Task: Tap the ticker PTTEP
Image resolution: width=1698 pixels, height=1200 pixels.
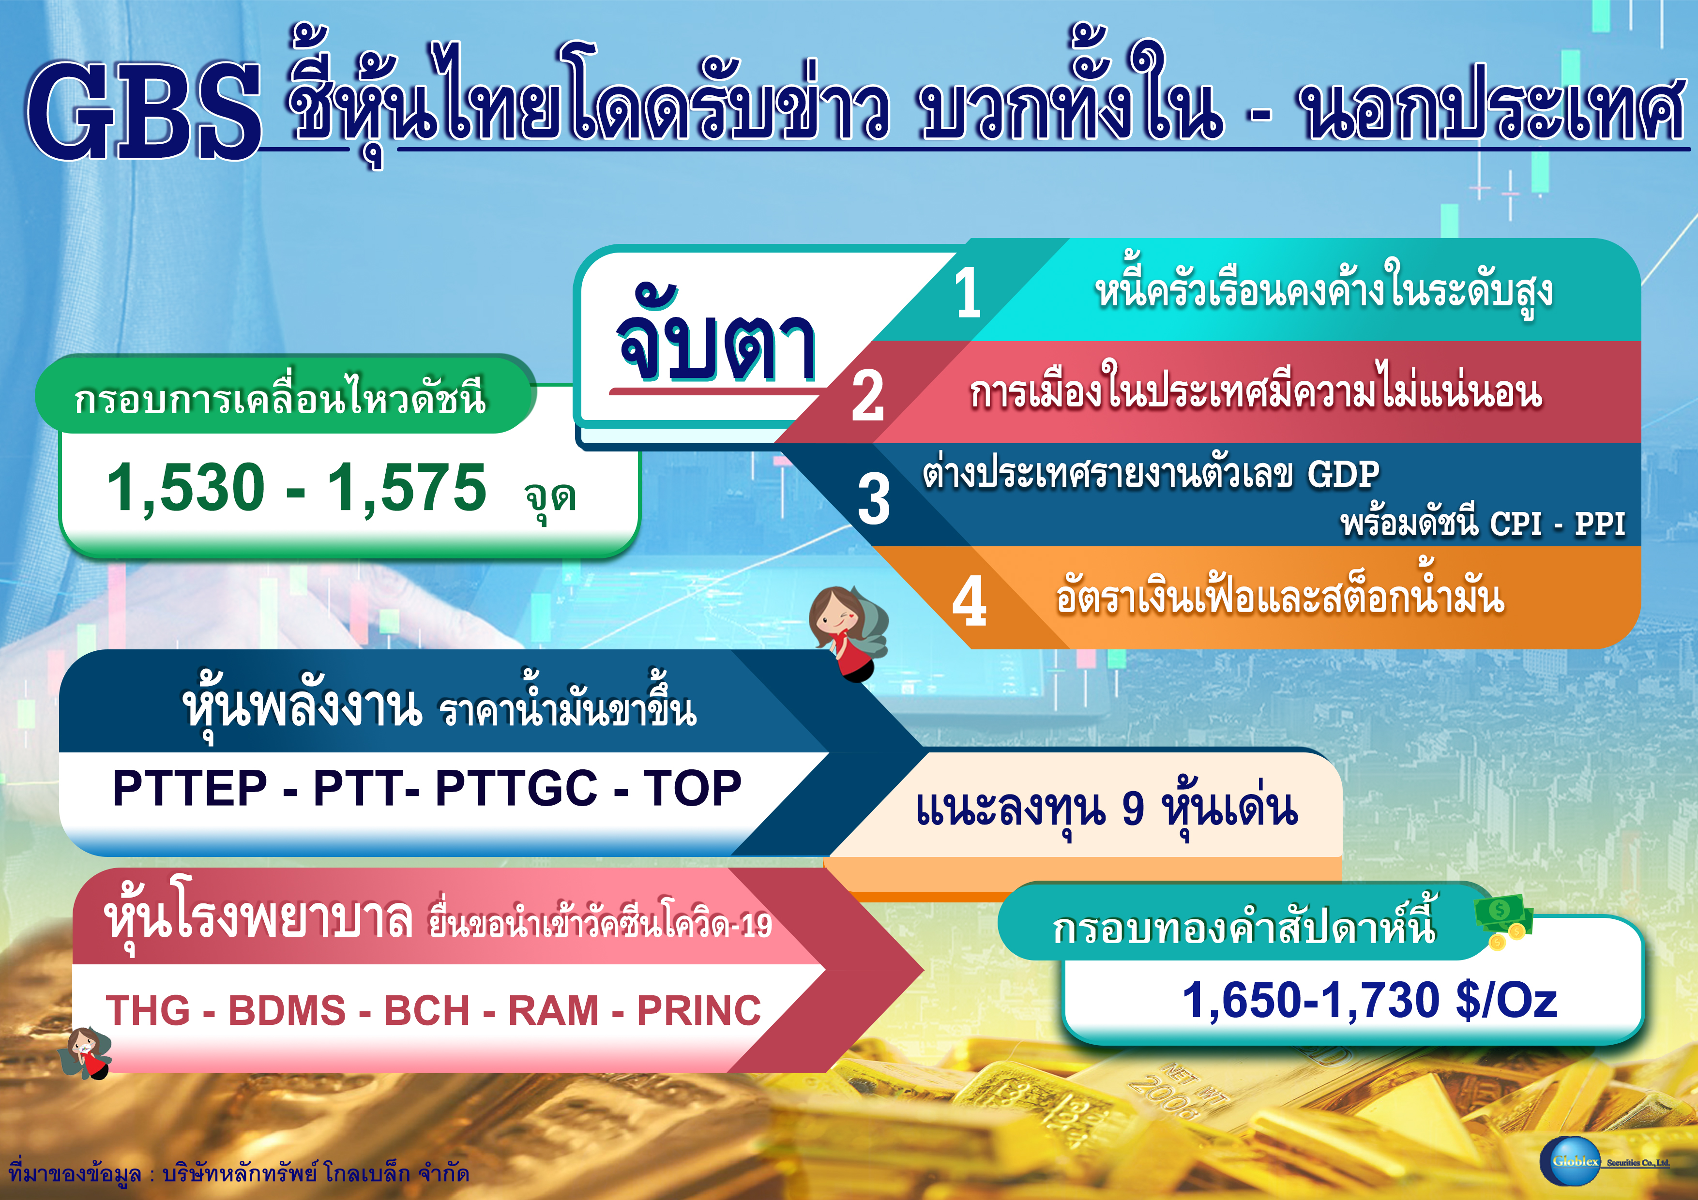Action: click(x=190, y=788)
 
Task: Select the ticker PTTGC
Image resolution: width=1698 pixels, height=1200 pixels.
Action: click(x=516, y=788)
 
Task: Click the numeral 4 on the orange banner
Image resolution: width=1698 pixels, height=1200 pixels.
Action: click(x=970, y=601)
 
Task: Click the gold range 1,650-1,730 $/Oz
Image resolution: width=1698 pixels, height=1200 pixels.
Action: click(x=1370, y=1000)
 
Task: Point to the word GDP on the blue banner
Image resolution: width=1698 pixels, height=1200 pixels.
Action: click(x=1343, y=474)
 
